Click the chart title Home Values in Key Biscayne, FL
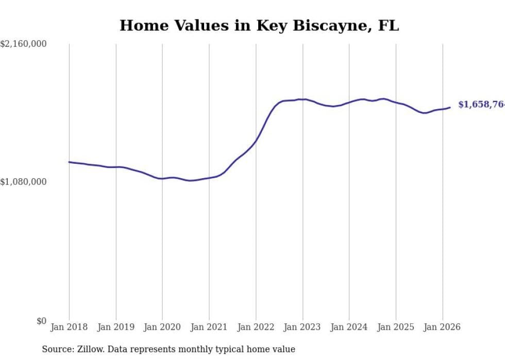click(259, 25)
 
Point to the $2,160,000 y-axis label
click(24, 44)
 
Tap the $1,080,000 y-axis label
click(24, 182)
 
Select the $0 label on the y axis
click(41, 321)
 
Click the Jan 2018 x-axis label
click(69, 327)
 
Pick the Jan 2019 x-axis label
click(116, 327)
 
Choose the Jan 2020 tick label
click(162, 327)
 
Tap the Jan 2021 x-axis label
click(209, 327)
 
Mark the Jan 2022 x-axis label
click(256, 327)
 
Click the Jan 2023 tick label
click(302, 327)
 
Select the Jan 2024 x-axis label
click(349, 327)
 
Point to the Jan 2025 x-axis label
click(396, 327)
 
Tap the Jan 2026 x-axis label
click(443, 327)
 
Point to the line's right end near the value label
click(450, 107)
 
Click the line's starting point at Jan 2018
click(69, 162)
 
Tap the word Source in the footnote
click(56, 349)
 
